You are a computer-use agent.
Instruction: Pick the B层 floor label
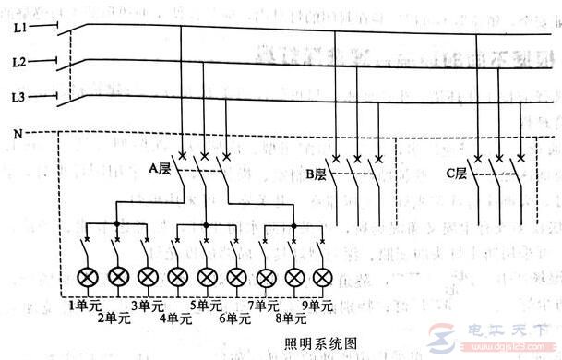click(x=317, y=173)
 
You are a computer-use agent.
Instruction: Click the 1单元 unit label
click(x=83, y=304)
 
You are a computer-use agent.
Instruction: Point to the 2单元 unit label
click(x=114, y=318)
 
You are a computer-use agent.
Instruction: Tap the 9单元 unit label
click(x=318, y=304)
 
